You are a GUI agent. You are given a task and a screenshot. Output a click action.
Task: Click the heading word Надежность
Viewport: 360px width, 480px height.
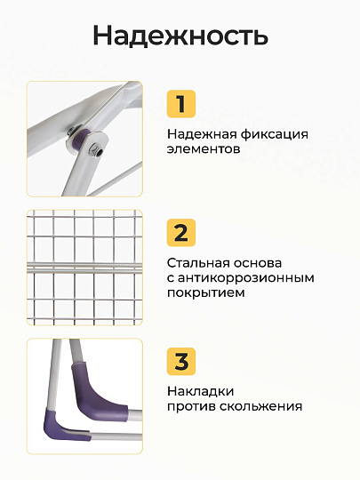(180, 36)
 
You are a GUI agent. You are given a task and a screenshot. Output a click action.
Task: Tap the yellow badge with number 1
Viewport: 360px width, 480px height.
(181, 104)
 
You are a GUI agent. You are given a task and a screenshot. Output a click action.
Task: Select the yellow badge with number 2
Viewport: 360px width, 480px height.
(181, 233)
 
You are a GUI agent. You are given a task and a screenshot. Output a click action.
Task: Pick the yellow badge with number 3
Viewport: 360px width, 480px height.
(181, 362)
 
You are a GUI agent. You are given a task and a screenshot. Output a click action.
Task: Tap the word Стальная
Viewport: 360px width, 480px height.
(198, 262)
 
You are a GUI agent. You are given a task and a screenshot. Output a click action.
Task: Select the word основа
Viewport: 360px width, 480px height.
(258, 263)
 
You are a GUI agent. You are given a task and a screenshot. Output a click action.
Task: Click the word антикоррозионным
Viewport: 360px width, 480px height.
(246, 278)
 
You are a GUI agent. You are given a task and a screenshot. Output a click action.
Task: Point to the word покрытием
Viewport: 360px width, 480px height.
(206, 293)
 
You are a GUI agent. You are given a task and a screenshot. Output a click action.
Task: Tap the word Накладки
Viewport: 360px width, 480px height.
(201, 392)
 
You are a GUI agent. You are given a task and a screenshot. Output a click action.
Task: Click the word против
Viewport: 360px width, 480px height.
(192, 407)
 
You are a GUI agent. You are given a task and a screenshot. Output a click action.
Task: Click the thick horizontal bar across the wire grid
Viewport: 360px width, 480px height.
(84, 268)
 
